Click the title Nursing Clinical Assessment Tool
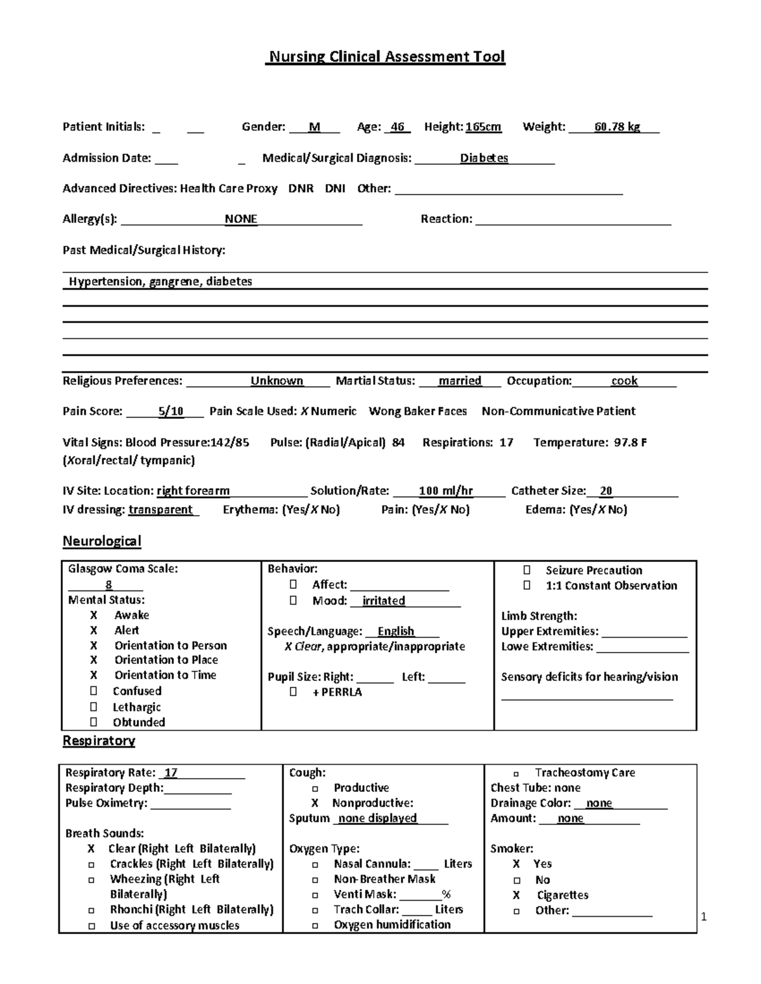[x=387, y=57]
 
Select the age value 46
[x=398, y=127]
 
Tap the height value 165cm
[x=483, y=127]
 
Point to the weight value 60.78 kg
[x=616, y=127]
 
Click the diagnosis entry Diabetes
[x=484, y=158]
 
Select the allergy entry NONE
[x=241, y=219]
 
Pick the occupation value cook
[x=624, y=381]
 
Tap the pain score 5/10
[x=171, y=411]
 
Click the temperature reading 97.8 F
[x=630, y=442]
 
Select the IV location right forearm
[x=193, y=491]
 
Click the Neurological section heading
[x=101, y=541]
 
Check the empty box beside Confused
[x=94, y=691]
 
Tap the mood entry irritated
[x=384, y=601]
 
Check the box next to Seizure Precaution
[x=527, y=570]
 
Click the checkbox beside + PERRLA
[x=293, y=692]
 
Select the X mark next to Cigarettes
[x=516, y=895]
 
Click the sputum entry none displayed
[x=377, y=818]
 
